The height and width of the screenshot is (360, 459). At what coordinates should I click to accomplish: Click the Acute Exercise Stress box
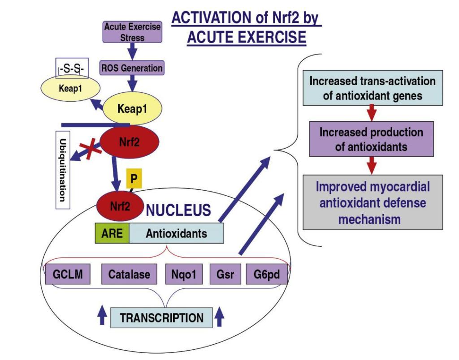132,32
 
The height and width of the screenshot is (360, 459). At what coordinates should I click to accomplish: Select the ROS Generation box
132,69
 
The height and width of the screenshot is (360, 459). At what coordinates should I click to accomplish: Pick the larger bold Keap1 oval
132,108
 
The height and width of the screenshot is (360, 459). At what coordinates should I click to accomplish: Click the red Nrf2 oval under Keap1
129,143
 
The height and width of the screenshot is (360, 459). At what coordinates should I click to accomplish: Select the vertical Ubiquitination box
63,170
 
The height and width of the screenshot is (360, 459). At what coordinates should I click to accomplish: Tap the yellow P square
133,179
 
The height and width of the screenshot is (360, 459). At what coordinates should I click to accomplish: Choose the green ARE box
112,233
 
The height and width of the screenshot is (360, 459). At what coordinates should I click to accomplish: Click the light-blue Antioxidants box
176,233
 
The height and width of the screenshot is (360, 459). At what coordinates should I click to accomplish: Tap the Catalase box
129,274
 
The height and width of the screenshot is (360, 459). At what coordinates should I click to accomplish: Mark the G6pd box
266,274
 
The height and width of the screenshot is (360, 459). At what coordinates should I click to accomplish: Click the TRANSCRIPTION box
161,318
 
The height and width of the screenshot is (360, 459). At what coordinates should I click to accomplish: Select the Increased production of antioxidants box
371,139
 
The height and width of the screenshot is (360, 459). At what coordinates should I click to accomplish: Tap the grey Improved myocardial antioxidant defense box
372,202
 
